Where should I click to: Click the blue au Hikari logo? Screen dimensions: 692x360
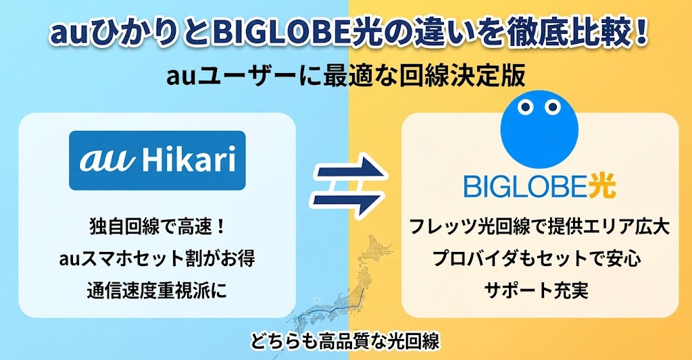pyautogui.click(x=157, y=160)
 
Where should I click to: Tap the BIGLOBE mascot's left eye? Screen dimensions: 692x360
pyautogui.click(x=525, y=106)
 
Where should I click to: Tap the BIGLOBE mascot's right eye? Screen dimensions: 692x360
pyautogui.click(x=552, y=106)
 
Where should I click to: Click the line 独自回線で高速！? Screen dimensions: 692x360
pyautogui.click(x=157, y=228)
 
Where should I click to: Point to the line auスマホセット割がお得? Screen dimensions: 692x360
pyautogui.click(x=157, y=259)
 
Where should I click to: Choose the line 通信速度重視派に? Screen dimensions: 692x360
pyautogui.click(x=157, y=290)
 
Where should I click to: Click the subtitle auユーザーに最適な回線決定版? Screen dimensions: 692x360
pyautogui.click(x=345, y=76)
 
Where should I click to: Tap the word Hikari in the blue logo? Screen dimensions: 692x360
pyautogui.click(x=189, y=160)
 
